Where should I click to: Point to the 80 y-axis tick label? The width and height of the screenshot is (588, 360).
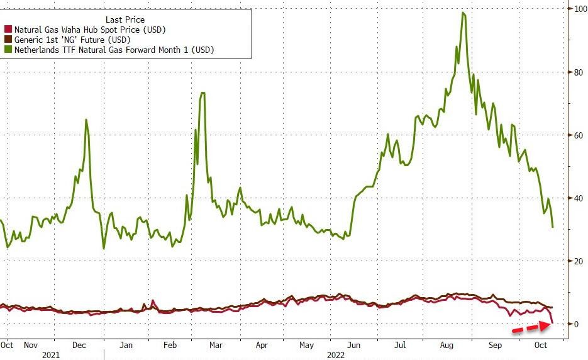[x=575, y=72]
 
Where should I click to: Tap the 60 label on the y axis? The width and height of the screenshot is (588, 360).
[x=575, y=135]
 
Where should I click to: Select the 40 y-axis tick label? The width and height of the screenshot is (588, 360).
[x=575, y=198]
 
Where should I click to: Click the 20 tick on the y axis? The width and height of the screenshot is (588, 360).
[x=575, y=261]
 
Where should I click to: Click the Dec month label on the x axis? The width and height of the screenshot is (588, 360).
[x=79, y=345]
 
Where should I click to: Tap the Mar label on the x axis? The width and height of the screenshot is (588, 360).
[x=216, y=345]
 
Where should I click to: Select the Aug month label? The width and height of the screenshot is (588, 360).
[x=448, y=345]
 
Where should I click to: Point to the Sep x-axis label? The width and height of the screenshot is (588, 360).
[x=495, y=345]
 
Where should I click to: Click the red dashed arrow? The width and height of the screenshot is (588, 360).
[x=532, y=327]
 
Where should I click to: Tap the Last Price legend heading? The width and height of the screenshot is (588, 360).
[x=125, y=20]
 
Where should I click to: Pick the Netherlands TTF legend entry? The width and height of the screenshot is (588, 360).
[x=113, y=50]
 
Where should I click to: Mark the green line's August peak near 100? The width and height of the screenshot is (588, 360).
[x=463, y=13]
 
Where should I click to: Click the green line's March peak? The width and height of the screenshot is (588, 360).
[x=202, y=93]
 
